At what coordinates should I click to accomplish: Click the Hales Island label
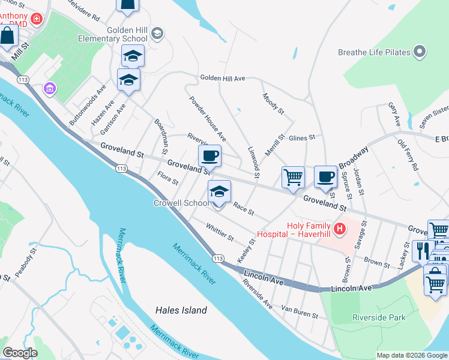click(181, 310)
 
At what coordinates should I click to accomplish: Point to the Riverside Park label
click(378, 317)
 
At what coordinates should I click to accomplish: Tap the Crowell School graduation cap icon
click(219, 192)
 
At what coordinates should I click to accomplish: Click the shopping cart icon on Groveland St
click(293, 177)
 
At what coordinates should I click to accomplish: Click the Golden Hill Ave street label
click(223, 79)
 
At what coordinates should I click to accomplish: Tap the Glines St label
click(302, 138)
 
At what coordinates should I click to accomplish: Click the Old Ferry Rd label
click(408, 155)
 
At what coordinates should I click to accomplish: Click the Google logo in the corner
click(20, 353)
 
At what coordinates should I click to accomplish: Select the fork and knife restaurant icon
click(423, 250)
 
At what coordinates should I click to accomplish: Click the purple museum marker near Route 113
click(50, 89)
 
